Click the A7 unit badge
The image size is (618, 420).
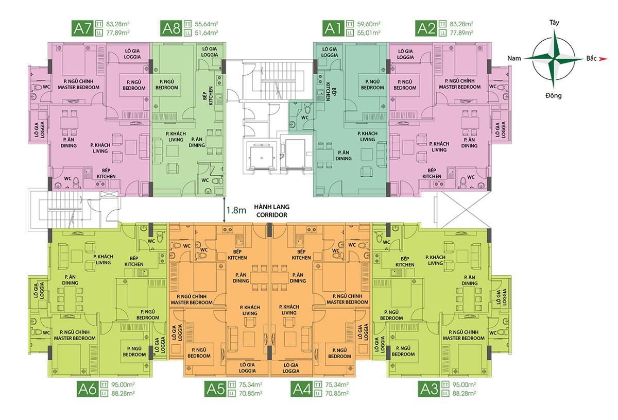[x=82, y=28]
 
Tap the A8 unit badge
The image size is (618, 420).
[x=171, y=28]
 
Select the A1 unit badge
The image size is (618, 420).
[x=333, y=28]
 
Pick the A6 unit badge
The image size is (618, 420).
[x=88, y=389]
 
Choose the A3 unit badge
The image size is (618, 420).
[x=428, y=389]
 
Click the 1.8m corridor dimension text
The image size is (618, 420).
[x=236, y=210]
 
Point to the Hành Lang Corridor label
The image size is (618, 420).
[x=272, y=211]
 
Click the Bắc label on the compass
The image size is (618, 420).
[x=592, y=58]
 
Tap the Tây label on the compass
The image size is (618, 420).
[x=554, y=22]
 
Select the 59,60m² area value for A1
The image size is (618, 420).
[x=369, y=24]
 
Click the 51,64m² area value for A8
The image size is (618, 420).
[x=207, y=33]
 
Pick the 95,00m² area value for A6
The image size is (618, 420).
[x=123, y=384]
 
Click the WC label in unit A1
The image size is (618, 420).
[x=304, y=117]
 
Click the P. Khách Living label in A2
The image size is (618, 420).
[x=439, y=147]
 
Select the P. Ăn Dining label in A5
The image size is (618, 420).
[x=241, y=278]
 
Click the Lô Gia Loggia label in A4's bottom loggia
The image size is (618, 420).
[x=290, y=368]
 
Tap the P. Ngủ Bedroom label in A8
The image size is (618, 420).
[x=167, y=85]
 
